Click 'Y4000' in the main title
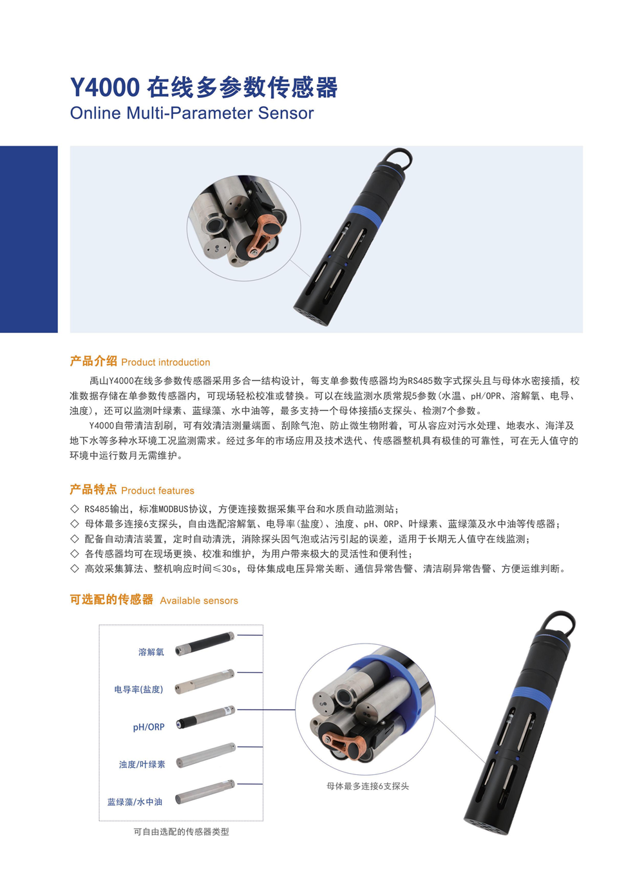(x=105, y=88)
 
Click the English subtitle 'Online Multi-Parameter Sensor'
(x=192, y=113)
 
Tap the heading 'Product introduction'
(x=166, y=362)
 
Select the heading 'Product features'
(x=158, y=490)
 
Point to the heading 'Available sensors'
(x=199, y=600)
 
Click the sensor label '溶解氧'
(x=151, y=652)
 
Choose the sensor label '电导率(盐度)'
(x=138, y=689)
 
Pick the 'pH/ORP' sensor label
(x=149, y=727)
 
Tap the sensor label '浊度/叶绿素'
(x=142, y=764)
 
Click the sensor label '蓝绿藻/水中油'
(x=135, y=802)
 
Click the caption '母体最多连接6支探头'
(x=368, y=786)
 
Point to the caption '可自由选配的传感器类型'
(x=181, y=832)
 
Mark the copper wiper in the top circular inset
(x=266, y=231)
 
